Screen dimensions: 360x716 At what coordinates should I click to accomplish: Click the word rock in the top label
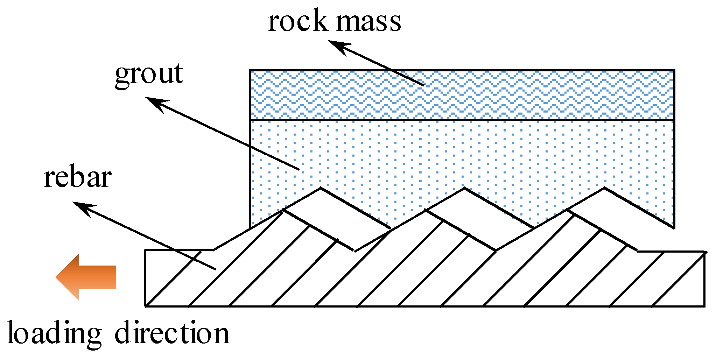(x=298, y=22)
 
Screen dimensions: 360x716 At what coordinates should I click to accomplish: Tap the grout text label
(x=149, y=74)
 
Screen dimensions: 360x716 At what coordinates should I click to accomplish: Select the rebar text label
(x=78, y=178)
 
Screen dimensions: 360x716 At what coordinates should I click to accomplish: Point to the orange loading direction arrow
(x=86, y=277)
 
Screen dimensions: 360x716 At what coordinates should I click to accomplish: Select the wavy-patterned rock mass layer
(x=462, y=95)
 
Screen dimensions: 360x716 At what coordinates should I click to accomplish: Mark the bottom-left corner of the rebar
(x=146, y=306)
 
